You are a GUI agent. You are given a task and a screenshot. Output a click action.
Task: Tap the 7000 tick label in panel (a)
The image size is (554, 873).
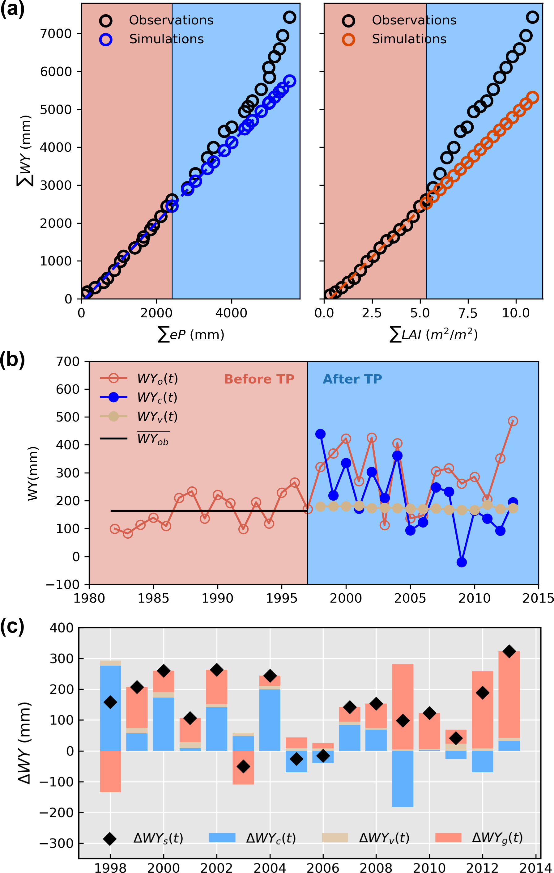56,34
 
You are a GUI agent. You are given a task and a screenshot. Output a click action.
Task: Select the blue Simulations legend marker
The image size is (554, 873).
106,40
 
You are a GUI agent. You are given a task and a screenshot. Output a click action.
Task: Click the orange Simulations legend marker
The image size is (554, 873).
348,40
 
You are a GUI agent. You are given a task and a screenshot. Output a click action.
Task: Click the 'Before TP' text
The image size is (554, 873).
259,379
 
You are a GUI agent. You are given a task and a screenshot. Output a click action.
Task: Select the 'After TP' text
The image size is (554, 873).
352,379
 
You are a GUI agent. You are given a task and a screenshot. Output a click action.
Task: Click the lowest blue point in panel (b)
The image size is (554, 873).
462,562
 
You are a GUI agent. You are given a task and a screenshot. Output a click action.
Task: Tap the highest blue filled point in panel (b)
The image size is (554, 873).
320,434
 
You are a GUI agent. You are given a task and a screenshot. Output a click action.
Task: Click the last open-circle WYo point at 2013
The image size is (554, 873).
513,421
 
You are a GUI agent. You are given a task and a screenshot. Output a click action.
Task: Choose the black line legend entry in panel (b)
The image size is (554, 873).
113,438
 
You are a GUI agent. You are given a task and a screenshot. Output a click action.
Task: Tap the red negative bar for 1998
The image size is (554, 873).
110,771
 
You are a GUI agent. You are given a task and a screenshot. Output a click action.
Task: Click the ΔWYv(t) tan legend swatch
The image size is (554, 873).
335,838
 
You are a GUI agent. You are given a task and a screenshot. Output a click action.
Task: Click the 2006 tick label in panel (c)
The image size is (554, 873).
323,868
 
